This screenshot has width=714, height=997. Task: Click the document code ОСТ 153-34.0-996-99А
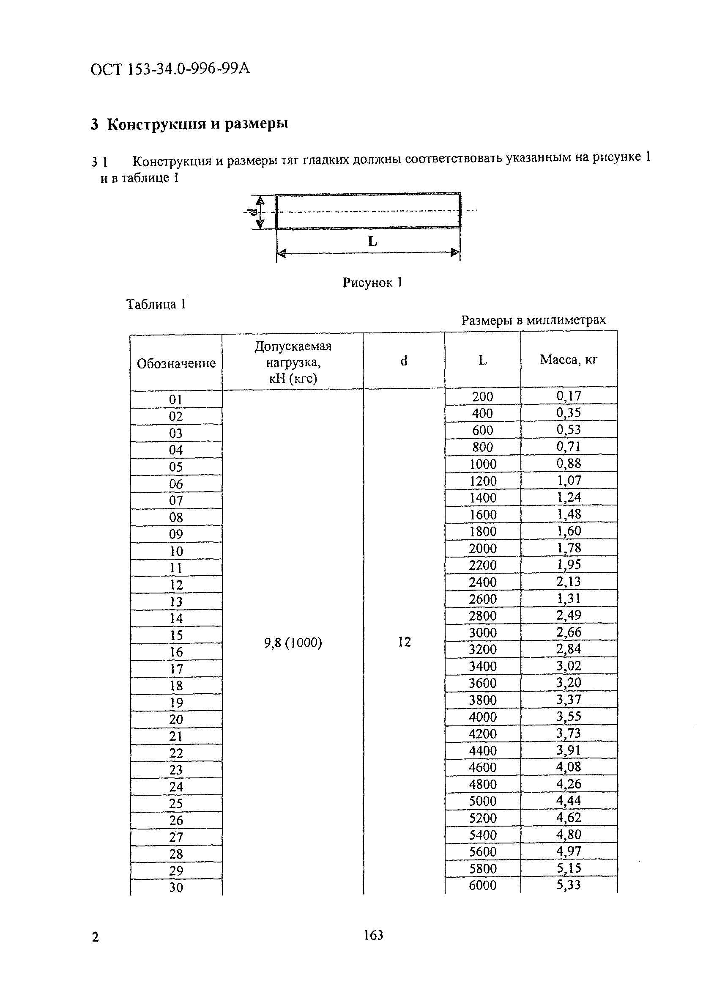pyautogui.click(x=170, y=69)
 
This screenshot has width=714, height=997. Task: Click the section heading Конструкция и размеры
pyautogui.click(x=189, y=124)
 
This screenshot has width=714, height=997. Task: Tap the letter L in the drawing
pyautogui.click(x=372, y=241)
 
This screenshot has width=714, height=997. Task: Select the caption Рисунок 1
pyautogui.click(x=372, y=282)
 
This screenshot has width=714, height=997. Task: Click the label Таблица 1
pyautogui.click(x=156, y=304)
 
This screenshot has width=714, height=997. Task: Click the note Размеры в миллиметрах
pyautogui.click(x=533, y=320)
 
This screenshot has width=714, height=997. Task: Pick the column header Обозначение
pyautogui.click(x=176, y=363)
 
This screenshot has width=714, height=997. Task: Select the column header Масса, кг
pyautogui.click(x=569, y=360)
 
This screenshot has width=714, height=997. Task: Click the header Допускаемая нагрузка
pyautogui.click(x=293, y=362)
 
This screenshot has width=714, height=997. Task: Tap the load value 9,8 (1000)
pyautogui.click(x=293, y=643)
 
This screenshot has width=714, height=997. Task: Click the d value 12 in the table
pyautogui.click(x=404, y=642)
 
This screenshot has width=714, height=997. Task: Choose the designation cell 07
pyautogui.click(x=176, y=500)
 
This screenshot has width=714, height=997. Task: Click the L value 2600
pyautogui.click(x=482, y=599)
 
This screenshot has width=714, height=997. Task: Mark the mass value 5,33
pyautogui.click(x=569, y=884)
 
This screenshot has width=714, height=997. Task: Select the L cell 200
pyautogui.click(x=482, y=396)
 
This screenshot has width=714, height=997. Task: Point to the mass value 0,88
pyautogui.click(x=569, y=463)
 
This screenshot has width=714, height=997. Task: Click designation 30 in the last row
pyautogui.click(x=176, y=887)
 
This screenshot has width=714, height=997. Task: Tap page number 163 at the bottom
pyautogui.click(x=373, y=935)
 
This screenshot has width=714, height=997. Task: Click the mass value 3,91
pyautogui.click(x=569, y=750)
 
